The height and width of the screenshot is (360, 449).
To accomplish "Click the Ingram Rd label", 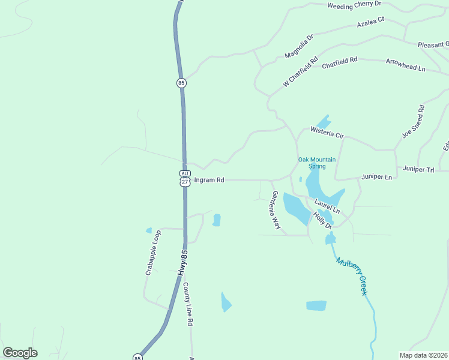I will (x=210, y=180).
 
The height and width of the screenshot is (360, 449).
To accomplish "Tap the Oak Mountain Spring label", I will (x=317, y=163).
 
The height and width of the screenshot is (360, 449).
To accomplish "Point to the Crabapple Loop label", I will (x=154, y=253).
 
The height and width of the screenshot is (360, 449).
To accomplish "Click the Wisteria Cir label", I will (x=327, y=133).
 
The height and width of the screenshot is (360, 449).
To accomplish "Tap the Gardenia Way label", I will (x=276, y=210).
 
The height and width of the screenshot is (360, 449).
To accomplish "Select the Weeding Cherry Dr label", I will (x=354, y=5).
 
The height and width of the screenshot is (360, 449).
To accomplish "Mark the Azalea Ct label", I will (x=370, y=23).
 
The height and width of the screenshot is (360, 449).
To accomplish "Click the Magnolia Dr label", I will (x=300, y=46).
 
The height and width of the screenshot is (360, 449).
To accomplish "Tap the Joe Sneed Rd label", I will (x=414, y=121).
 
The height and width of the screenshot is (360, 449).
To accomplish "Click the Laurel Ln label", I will (x=327, y=207).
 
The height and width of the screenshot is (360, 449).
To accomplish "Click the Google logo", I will (x=20, y=353).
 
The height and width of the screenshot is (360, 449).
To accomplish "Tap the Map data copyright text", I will (x=423, y=355).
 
